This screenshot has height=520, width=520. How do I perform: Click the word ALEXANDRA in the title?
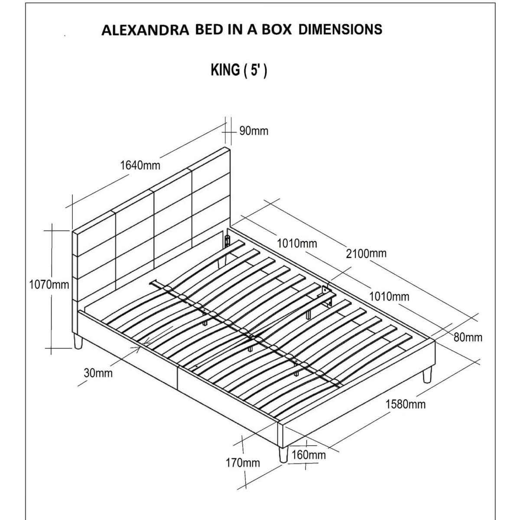pos(145,30)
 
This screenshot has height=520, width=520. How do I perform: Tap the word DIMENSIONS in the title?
pos(340,29)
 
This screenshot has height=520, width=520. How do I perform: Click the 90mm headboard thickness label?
pos(253,131)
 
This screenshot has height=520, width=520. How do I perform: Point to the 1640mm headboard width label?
pos(140,166)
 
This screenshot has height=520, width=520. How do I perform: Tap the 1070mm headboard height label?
pos(49,285)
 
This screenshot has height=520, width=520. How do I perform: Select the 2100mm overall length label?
pos(366,253)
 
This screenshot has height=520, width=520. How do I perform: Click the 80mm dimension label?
pos(468,337)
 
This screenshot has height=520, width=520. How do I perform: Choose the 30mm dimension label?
pos(98,373)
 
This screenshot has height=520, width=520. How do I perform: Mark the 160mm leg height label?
pos(309,455)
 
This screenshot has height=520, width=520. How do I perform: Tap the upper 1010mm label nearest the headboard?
pos(297,244)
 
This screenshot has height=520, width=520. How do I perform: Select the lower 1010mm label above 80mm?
pos(389,297)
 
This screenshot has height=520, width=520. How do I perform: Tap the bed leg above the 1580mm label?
pos(427,375)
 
